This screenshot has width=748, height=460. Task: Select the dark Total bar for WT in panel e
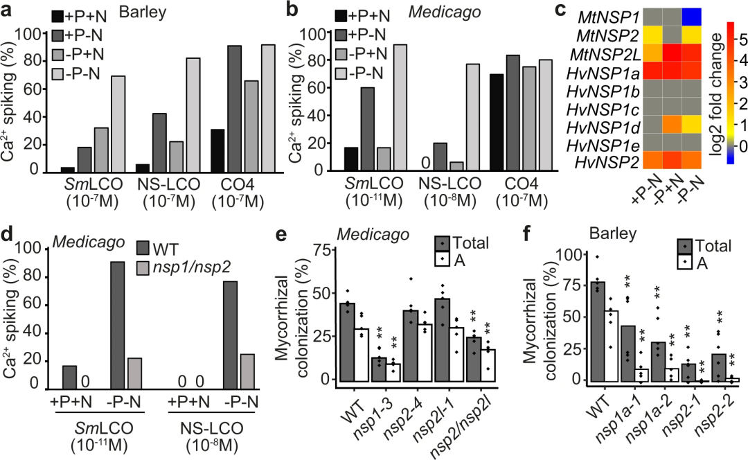click(x=348, y=342)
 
